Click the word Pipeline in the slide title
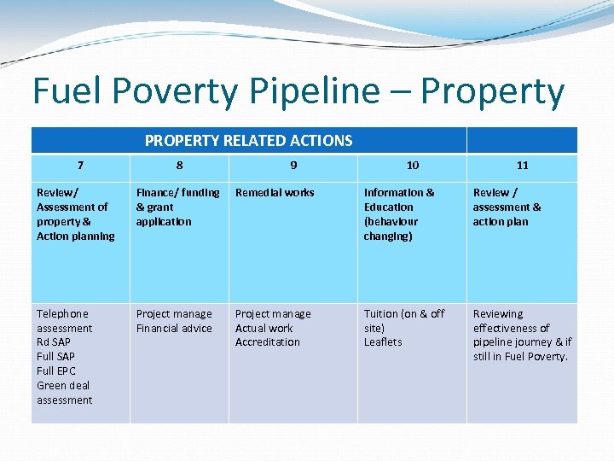pyautogui.click(x=327, y=92)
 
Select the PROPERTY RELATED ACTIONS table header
pyautogui.click(x=248, y=140)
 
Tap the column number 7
pyautogui.click(x=80, y=165)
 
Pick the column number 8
pyautogui.click(x=179, y=165)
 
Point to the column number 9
pyautogui.click(x=293, y=165)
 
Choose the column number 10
pyautogui.click(x=412, y=165)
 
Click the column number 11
pyautogui.click(x=522, y=165)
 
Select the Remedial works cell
pyautogui.click(x=275, y=193)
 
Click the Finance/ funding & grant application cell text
pyautogui.click(x=177, y=207)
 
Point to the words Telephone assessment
pyautogui.click(x=64, y=321)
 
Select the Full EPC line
pyautogui.click(x=56, y=371)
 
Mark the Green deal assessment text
pyautogui.click(x=64, y=392)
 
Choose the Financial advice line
pyautogui.click(x=174, y=328)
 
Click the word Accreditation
pyautogui.click(x=267, y=342)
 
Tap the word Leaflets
pyautogui.click(x=383, y=342)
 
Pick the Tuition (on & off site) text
pyautogui.click(x=403, y=320)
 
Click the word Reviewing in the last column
pyautogui.click(x=498, y=313)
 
